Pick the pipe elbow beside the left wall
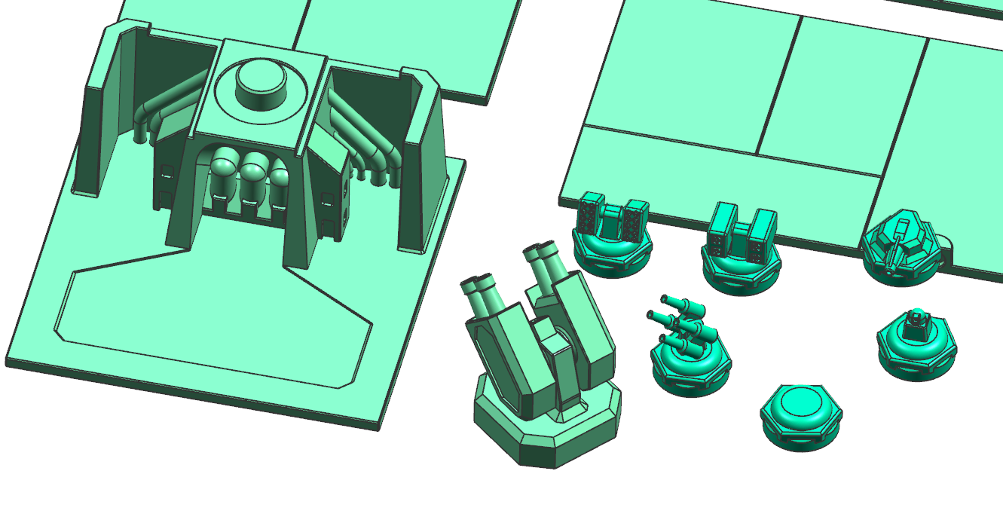(142, 121)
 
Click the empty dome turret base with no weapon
(800, 414)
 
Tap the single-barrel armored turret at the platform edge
(901, 245)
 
